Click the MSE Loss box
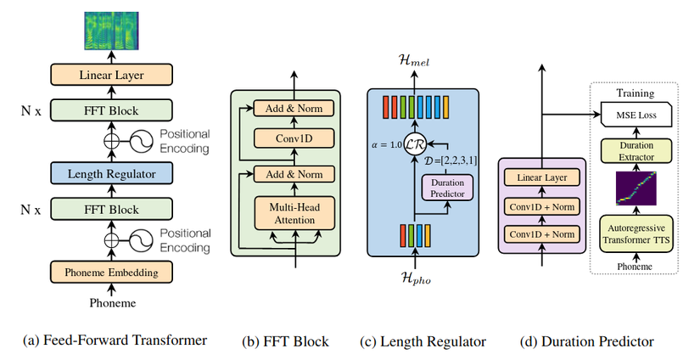pos(634,113)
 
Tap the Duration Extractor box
pos(634,151)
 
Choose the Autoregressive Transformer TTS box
pos(634,232)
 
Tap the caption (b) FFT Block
pos(285,341)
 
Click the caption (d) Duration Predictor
pos(587,341)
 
